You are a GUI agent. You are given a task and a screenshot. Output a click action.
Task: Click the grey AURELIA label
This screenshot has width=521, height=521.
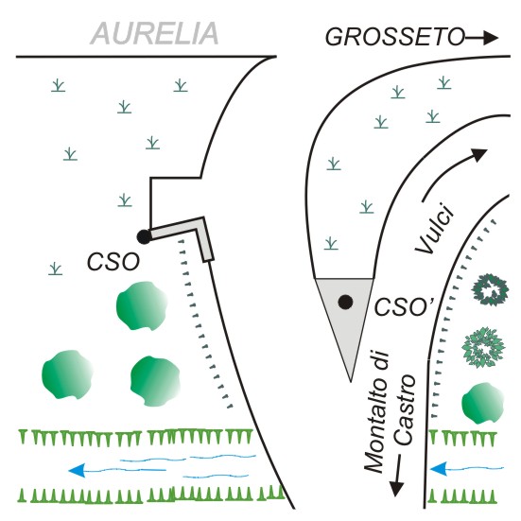(x=154, y=33)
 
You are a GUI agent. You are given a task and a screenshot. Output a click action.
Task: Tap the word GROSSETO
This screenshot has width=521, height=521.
(x=394, y=37)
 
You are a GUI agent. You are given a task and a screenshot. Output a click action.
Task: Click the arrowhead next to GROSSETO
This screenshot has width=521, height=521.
(x=491, y=37)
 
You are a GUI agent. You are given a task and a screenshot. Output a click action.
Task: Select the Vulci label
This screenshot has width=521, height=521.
(x=434, y=229)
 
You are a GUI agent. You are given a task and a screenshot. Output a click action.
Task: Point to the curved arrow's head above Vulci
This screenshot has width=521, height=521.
(x=479, y=154)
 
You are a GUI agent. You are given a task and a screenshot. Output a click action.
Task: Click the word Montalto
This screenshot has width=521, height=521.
(x=376, y=412)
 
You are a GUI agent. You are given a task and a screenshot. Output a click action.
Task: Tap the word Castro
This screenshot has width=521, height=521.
(x=405, y=410)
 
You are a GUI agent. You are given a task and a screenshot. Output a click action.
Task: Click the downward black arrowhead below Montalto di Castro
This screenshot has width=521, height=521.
(x=396, y=488)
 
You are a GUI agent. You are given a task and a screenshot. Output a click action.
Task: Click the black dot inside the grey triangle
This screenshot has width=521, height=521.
(x=345, y=302)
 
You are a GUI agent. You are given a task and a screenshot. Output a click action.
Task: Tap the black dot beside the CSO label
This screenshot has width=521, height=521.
(x=144, y=237)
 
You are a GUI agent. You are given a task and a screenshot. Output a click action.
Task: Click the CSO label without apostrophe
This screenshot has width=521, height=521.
(x=113, y=262)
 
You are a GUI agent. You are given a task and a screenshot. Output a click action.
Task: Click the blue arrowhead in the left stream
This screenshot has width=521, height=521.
(x=77, y=470)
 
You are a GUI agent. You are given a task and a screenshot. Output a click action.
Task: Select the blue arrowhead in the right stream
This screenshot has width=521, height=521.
(x=438, y=469)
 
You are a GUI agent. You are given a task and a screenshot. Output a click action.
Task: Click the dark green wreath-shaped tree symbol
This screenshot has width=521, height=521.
(x=490, y=289)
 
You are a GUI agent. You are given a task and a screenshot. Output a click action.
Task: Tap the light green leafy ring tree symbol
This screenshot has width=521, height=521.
(x=483, y=347)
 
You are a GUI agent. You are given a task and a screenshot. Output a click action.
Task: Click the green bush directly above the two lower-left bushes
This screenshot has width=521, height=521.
(x=141, y=306)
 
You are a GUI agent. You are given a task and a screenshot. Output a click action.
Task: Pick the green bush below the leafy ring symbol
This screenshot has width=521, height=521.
(x=482, y=403)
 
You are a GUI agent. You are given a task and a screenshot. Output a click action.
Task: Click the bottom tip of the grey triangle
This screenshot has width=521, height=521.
(x=351, y=381)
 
